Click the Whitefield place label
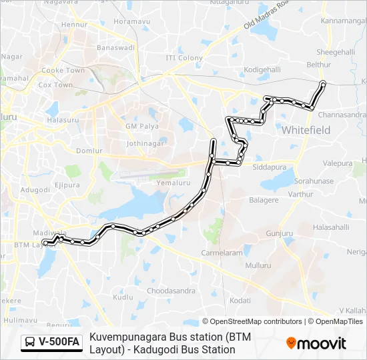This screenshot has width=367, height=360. pos(306,130)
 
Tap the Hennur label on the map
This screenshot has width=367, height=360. pos(74,25)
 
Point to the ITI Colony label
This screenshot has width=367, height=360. pos(184,58)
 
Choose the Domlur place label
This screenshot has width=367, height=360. pos(89,151)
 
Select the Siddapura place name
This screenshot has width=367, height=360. pos(269,167)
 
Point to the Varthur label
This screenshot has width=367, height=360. pos(300,194)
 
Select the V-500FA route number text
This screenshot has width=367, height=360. pos(59,343)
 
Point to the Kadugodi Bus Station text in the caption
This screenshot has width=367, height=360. pos(173,349)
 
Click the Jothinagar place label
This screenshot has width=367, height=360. pos(145,143)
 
